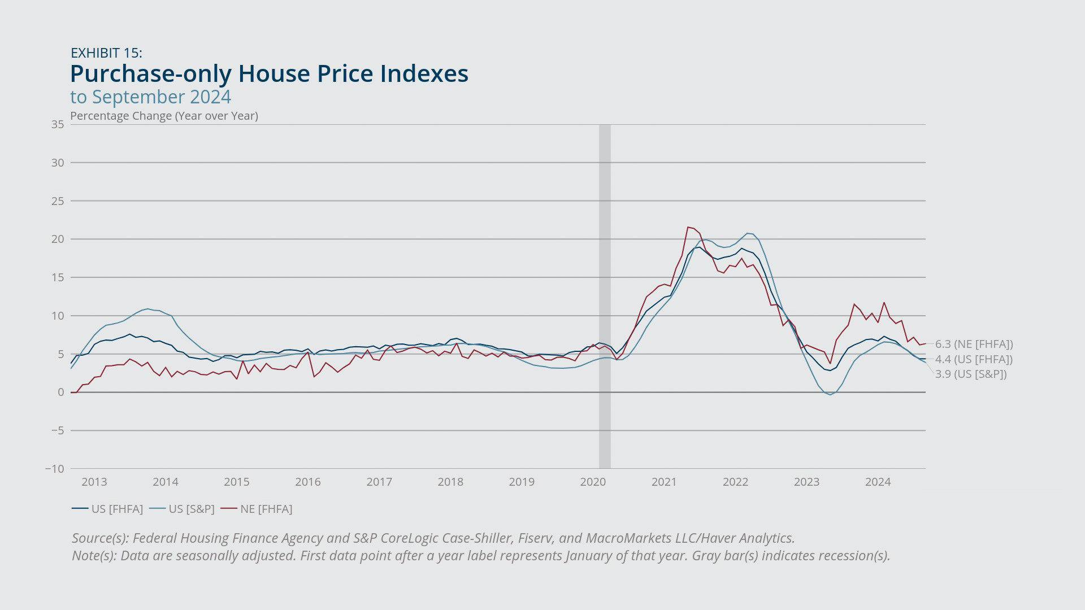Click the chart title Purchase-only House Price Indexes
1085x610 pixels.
click(269, 74)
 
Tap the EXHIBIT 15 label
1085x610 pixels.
click(106, 53)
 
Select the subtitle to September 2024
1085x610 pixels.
click(150, 97)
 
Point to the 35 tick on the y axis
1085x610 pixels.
click(58, 124)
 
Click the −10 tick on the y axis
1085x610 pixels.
click(55, 469)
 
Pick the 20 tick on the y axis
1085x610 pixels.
click(58, 239)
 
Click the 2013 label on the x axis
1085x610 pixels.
click(94, 482)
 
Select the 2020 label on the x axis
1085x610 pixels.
click(593, 482)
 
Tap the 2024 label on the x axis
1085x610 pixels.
click(878, 482)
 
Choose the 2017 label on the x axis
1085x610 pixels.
click(379, 482)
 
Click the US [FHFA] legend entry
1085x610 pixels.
click(107, 509)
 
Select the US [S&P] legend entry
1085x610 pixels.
click(182, 509)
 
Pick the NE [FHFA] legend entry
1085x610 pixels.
click(257, 509)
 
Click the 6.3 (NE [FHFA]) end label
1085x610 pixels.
click(974, 344)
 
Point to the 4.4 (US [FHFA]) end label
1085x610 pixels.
click(974, 359)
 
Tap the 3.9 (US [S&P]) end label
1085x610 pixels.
click(971, 374)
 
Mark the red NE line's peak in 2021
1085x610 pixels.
click(688, 227)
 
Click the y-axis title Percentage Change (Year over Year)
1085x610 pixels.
click(164, 116)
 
